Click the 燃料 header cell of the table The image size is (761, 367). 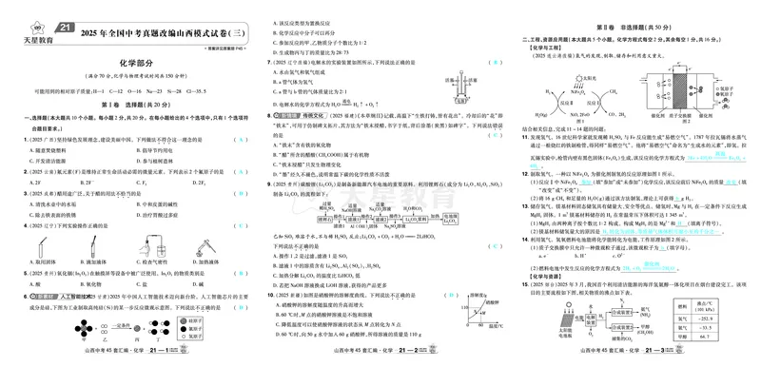point(687,305)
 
